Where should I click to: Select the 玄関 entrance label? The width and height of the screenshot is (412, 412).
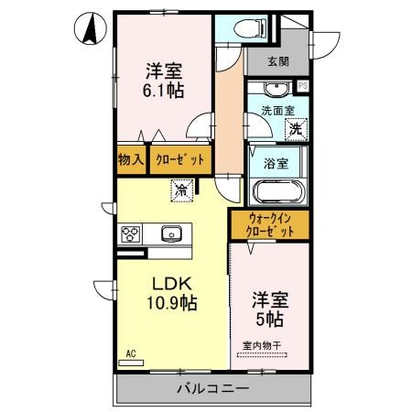pyautogui.click(x=278, y=62)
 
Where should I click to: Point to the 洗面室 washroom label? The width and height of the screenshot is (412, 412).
pyautogui.click(x=278, y=111)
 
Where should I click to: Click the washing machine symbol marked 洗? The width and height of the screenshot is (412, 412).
pyautogui.click(x=295, y=129)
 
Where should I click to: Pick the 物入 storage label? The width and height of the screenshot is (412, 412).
pyautogui.click(x=131, y=159)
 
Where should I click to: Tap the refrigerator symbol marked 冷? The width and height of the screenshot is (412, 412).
pyautogui.click(x=181, y=191)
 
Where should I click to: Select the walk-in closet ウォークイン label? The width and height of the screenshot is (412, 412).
pyautogui.click(x=269, y=219)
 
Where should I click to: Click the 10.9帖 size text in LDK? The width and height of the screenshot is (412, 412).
pyautogui.click(x=170, y=302)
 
